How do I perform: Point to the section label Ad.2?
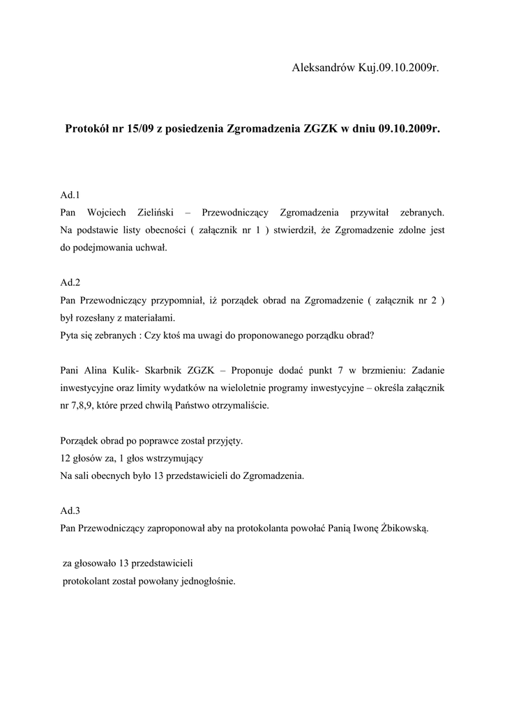tap(70, 282)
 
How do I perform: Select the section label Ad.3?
tap(70, 510)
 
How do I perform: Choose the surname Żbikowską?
tap(403, 528)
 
